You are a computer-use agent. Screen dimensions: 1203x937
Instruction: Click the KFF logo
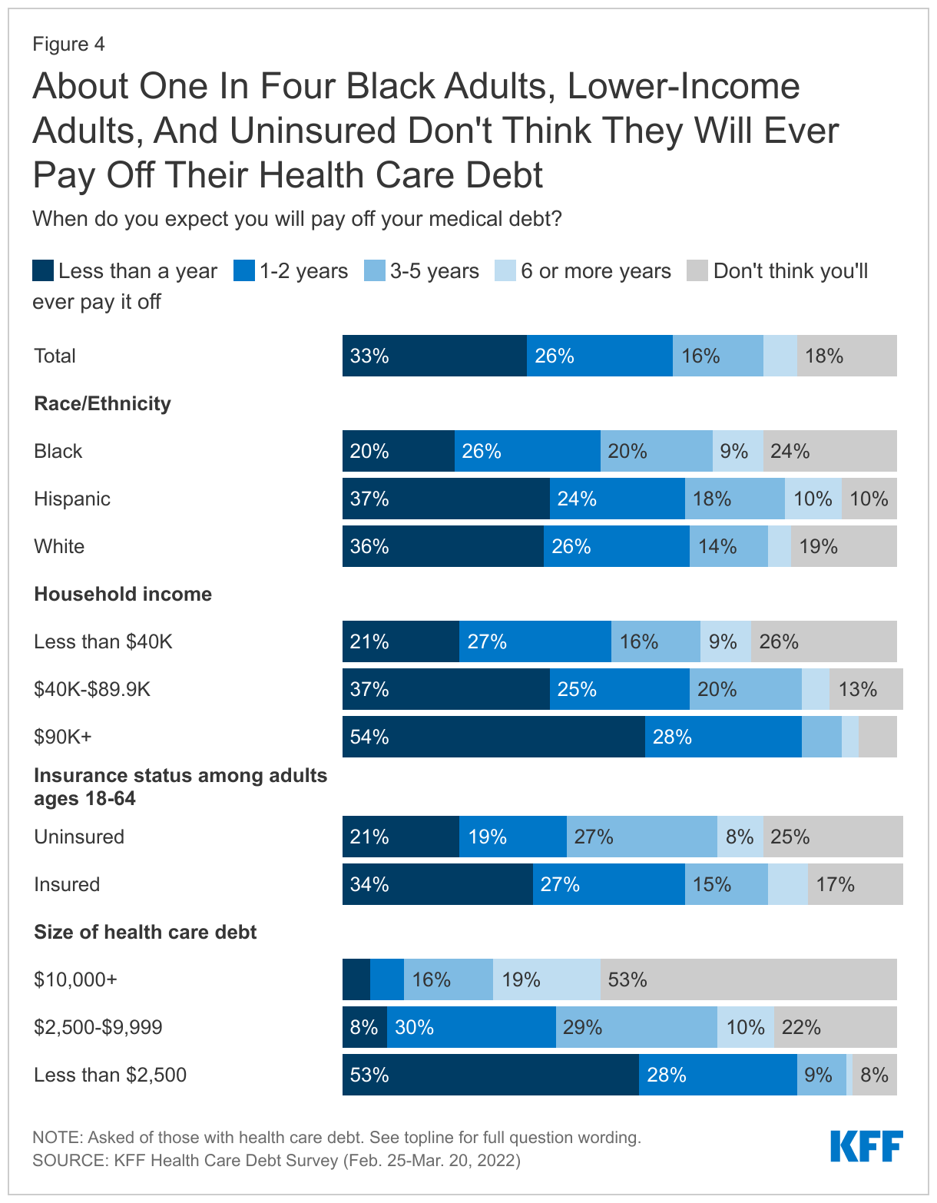coord(866,1146)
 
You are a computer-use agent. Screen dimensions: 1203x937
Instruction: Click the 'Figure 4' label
coord(68,44)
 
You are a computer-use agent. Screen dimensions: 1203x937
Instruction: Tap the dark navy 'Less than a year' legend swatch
coord(43,271)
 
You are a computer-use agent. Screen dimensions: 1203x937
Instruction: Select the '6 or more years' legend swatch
coord(505,271)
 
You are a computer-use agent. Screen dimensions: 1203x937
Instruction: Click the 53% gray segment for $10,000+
coord(748,979)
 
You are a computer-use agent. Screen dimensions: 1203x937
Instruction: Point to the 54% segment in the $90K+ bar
coord(493,737)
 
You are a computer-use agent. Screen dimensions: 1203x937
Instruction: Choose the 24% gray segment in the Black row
coord(829,451)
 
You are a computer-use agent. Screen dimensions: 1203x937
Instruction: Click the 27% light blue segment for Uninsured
coord(641,837)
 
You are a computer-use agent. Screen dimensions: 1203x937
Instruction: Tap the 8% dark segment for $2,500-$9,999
coord(364,1027)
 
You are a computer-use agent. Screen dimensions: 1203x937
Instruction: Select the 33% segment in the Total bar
coord(434,356)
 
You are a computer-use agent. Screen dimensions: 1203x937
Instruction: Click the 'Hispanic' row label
coord(72,499)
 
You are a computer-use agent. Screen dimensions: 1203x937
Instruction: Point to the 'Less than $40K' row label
coord(103,641)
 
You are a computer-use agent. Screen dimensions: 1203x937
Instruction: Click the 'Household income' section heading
coord(123,594)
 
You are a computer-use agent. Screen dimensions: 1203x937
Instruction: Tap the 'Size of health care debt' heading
coord(145,932)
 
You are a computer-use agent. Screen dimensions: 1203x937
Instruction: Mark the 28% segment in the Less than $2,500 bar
coord(717,1075)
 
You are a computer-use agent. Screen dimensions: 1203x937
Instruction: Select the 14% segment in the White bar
coord(728,546)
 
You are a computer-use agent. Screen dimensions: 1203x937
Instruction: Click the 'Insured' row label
coord(67,884)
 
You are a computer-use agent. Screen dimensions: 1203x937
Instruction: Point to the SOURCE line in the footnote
coord(276,1160)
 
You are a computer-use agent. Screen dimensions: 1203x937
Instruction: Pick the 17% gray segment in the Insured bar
coord(855,884)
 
